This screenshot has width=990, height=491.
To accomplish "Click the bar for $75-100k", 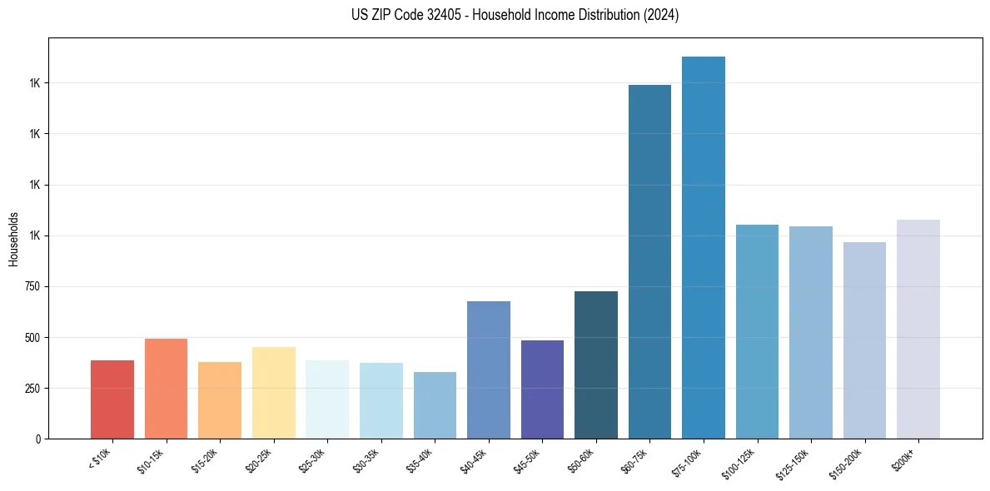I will pyautogui.click(x=704, y=248).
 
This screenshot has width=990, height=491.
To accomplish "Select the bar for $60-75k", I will pyautogui.click(x=649, y=262).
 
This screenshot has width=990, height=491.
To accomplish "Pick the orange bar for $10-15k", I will pyautogui.click(x=166, y=389).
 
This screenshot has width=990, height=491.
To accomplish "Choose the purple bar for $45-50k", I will pyautogui.click(x=542, y=389).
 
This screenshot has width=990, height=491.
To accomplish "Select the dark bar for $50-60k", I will pyautogui.click(x=596, y=365).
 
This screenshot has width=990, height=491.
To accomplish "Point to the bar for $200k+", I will pyautogui.click(x=918, y=330).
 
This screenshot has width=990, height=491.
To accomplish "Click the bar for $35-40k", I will pyautogui.click(x=435, y=405).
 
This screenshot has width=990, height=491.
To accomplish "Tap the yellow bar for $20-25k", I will pyautogui.click(x=274, y=393).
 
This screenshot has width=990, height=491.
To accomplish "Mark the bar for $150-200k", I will pyautogui.click(x=864, y=340).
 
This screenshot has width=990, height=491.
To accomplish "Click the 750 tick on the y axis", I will pyautogui.click(x=32, y=286).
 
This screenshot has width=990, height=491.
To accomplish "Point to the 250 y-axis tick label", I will pyautogui.click(x=32, y=388).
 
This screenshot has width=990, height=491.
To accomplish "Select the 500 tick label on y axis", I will pyautogui.click(x=32, y=337).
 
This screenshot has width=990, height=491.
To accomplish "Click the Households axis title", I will pyautogui.click(x=14, y=239).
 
